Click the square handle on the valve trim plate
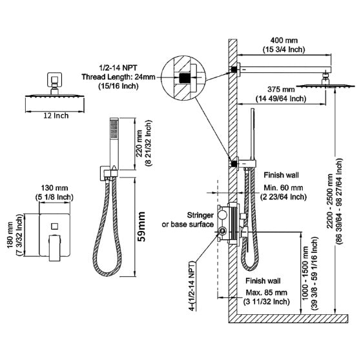(54, 228)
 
